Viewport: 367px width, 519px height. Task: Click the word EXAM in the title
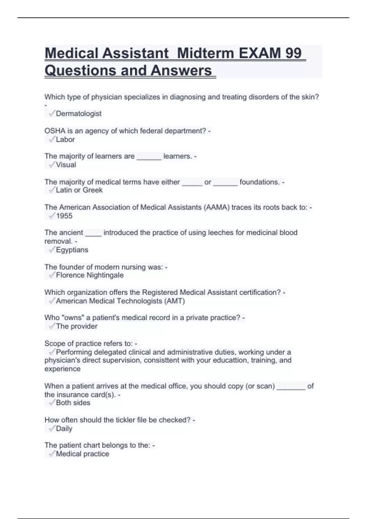tap(259, 53)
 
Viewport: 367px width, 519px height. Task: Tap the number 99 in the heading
tap(293, 53)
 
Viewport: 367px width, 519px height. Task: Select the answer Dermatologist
tap(79, 114)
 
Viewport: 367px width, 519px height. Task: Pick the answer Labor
tap(65, 140)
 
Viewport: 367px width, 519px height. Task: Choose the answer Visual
tap(66, 165)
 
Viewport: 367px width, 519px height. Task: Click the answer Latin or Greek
tap(79, 190)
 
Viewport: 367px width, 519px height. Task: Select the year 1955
tap(64, 216)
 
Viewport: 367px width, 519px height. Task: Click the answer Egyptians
tap(72, 250)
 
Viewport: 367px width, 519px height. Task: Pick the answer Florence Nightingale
tap(90, 275)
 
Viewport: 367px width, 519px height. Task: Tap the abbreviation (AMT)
tap(175, 301)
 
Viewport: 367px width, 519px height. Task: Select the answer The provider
tap(76, 326)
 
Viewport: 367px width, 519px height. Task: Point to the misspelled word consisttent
tap(161, 360)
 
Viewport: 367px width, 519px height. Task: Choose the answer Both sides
tap(73, 403)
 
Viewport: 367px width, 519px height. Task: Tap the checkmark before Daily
tap(52, 429)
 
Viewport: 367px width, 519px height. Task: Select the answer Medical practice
tap(82, 454)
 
